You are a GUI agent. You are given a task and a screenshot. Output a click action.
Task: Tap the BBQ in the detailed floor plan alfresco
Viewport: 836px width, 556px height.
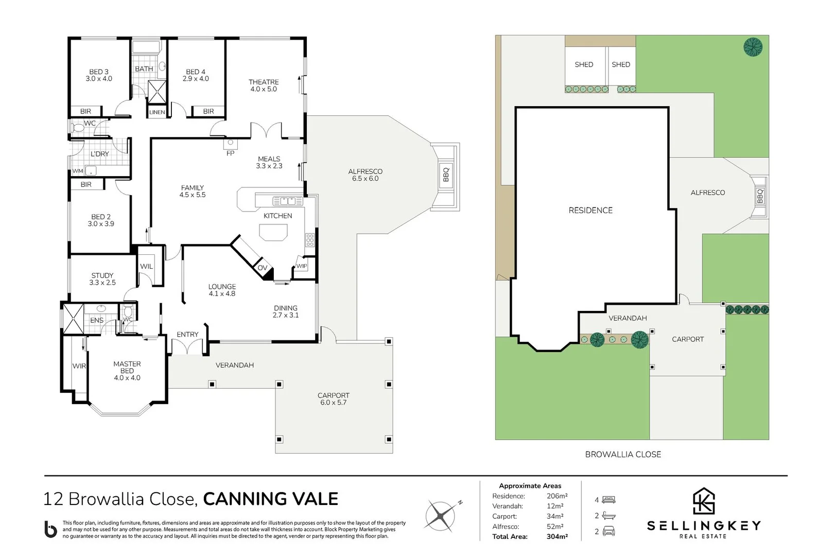tap(446, 175)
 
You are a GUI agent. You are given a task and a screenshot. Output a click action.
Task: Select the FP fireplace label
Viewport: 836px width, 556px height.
tap(230, 153)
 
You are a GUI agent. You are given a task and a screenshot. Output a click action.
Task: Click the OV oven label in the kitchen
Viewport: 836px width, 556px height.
tap(262, 268)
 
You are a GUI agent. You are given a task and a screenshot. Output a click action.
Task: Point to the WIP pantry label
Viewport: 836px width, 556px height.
tap(301, 266)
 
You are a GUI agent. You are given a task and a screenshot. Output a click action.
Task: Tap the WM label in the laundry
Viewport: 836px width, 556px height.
tap(77, 171)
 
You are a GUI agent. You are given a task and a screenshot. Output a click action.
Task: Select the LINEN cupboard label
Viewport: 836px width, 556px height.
tap(157, 112)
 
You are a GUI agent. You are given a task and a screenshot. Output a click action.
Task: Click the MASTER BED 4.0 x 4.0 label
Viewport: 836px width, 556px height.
tap(127, 371)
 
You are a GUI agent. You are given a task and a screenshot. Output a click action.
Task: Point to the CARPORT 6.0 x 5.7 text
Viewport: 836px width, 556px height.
tap(333, 399)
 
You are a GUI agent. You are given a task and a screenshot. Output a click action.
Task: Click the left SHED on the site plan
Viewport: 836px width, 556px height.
tap(584, 65)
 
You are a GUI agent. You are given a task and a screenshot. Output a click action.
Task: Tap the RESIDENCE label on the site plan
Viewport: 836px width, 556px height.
tap(590, 210)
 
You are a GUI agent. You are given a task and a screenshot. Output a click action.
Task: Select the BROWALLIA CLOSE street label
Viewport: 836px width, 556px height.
tap(623, 454)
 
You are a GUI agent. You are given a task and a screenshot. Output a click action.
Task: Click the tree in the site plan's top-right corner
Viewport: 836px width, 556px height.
tap(753, 47)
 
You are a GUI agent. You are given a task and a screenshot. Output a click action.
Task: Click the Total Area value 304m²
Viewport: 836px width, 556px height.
tap(557, 536)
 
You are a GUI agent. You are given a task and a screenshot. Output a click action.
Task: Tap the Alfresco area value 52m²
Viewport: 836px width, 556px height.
tap(555, 526)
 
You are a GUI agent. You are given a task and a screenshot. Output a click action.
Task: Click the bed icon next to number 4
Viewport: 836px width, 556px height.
tap(608, 500)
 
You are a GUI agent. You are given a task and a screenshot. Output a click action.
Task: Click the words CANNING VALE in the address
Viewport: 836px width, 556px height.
tap(271, 499)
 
